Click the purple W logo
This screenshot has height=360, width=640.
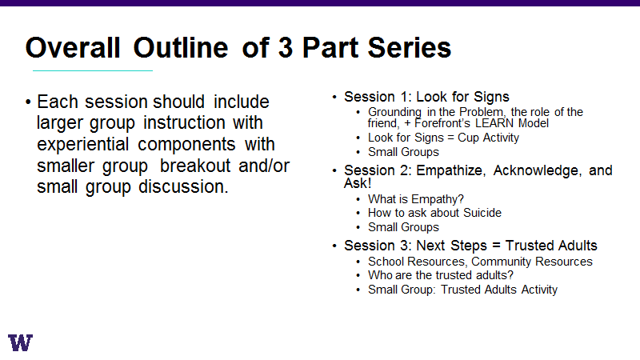click(20, 342)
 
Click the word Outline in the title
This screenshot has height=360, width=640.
click(181, 48)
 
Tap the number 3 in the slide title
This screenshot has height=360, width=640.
click(286, 48)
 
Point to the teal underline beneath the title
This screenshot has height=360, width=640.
click(93, 70)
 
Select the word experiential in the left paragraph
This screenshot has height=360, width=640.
click(83, 145)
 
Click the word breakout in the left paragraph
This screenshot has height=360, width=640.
click(195, 166)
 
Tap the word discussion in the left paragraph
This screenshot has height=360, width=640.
click(183, 187)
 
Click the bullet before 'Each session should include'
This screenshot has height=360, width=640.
click(28, 102)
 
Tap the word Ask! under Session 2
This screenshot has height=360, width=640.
click(358, 183)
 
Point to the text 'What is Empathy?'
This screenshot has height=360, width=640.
click(415, 199)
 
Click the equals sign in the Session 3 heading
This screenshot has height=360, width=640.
click(496, 246)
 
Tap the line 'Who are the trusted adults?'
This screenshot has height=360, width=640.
click(441, 275)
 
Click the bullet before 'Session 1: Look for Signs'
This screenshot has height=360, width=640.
click(334, 97)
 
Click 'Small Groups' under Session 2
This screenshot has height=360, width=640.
click(403, 227)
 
